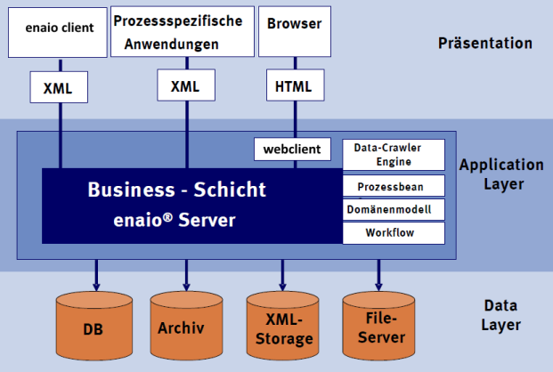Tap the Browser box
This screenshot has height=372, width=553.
click(294, 30)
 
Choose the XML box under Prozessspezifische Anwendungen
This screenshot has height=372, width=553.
click(185, 85)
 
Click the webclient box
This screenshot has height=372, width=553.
click(292, 148)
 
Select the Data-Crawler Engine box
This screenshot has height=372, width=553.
click(393, 155)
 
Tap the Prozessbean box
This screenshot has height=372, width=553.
click(393, 186)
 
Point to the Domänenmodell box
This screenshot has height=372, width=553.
click(393, 209)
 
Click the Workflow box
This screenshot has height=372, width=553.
click(393, 233)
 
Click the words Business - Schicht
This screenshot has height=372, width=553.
click(176, 190)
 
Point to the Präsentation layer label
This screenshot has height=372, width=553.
click(485, 43)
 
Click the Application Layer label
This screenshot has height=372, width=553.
click(501, 174)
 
